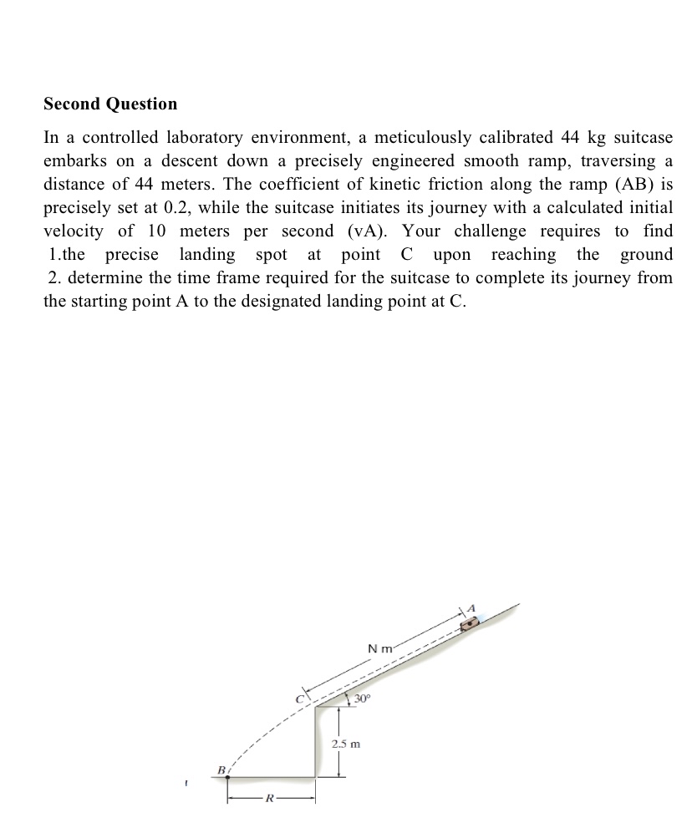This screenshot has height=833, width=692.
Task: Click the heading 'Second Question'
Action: [x=110, y=104]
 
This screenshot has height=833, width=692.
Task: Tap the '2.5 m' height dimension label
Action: [x=344, y=743]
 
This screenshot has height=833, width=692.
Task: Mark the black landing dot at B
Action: [x=227, y=777]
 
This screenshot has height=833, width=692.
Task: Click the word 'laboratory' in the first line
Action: [x=215, y=137]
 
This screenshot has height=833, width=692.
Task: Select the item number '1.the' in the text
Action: [x=69, y=254]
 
